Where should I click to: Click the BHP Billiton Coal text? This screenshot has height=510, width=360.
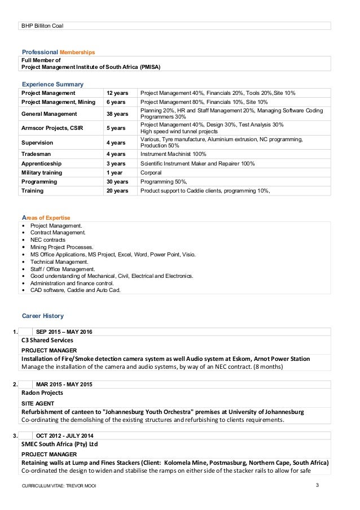point(42,25)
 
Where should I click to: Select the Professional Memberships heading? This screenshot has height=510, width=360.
point(58,52)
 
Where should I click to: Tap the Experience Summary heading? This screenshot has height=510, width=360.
point(52,84)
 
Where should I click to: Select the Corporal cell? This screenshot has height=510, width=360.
point(151,173)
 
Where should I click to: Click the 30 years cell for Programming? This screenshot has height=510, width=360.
point(117,182)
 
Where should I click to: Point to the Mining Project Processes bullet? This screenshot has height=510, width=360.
point(62,247)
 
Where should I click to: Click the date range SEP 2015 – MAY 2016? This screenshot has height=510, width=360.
point(64,332)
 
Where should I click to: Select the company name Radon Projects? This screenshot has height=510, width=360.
point(42,393)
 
